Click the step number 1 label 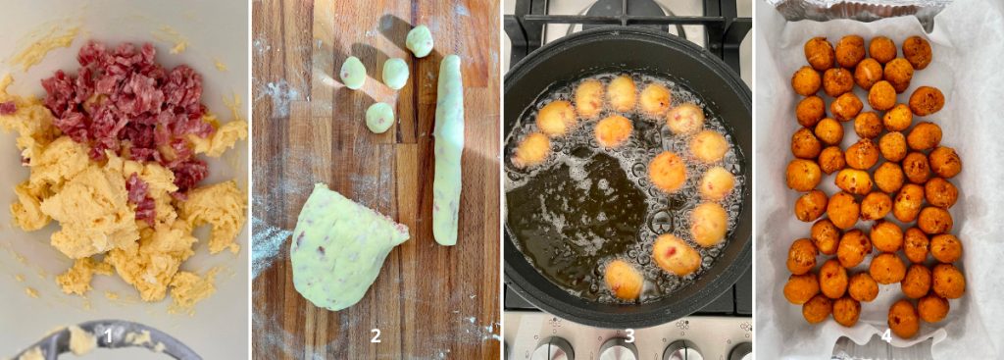[108, 336]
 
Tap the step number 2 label [376, 336]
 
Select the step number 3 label [629, 336]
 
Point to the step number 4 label [885, 336]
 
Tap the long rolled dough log [447, 150]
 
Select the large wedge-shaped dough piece [346, 246]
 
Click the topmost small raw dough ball [420, 41]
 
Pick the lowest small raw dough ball [379, 118]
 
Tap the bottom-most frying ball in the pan [625, 280]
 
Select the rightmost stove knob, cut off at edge [740, 352]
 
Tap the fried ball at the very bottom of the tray [903, 319]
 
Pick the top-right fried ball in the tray [917, 52]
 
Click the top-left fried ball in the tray [820, 53]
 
